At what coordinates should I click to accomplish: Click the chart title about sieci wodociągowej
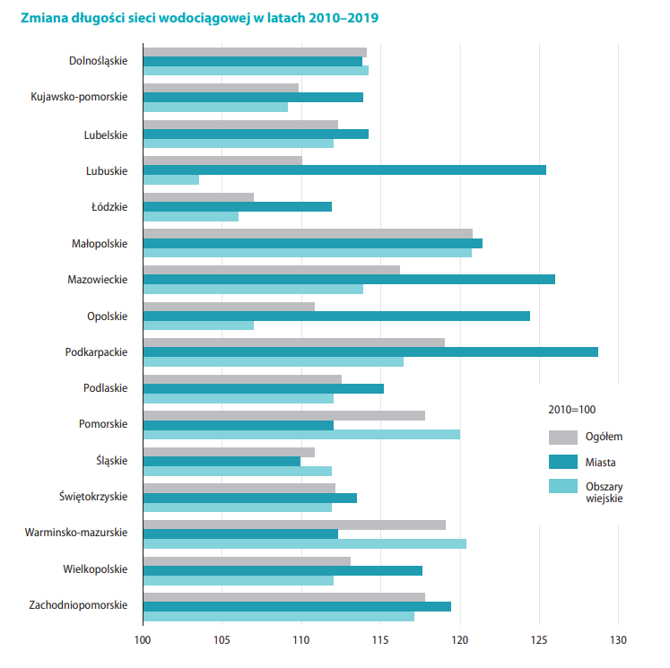click(193, 18)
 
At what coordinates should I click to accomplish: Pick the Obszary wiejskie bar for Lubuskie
click(170, 179)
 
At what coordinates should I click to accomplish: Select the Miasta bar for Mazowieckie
click(349, 279)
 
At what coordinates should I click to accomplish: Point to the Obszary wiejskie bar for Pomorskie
click(301, 434)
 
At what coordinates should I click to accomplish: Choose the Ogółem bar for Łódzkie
click(198, 197)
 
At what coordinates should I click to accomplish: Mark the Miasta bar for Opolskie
click(336, 316)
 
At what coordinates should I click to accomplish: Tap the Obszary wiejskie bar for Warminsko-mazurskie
click(304, 543)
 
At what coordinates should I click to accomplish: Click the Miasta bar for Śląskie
click(222, 461)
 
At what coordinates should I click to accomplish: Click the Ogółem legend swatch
click(562, 437)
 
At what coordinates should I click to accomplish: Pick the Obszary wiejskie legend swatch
click(562, 486)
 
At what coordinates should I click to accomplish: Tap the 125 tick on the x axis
click(539, 640)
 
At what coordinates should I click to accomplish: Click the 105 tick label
click(222, 640)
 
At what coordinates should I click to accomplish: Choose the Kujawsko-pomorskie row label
click(79, 97)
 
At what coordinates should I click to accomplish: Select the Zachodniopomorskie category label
click(77, 605)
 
